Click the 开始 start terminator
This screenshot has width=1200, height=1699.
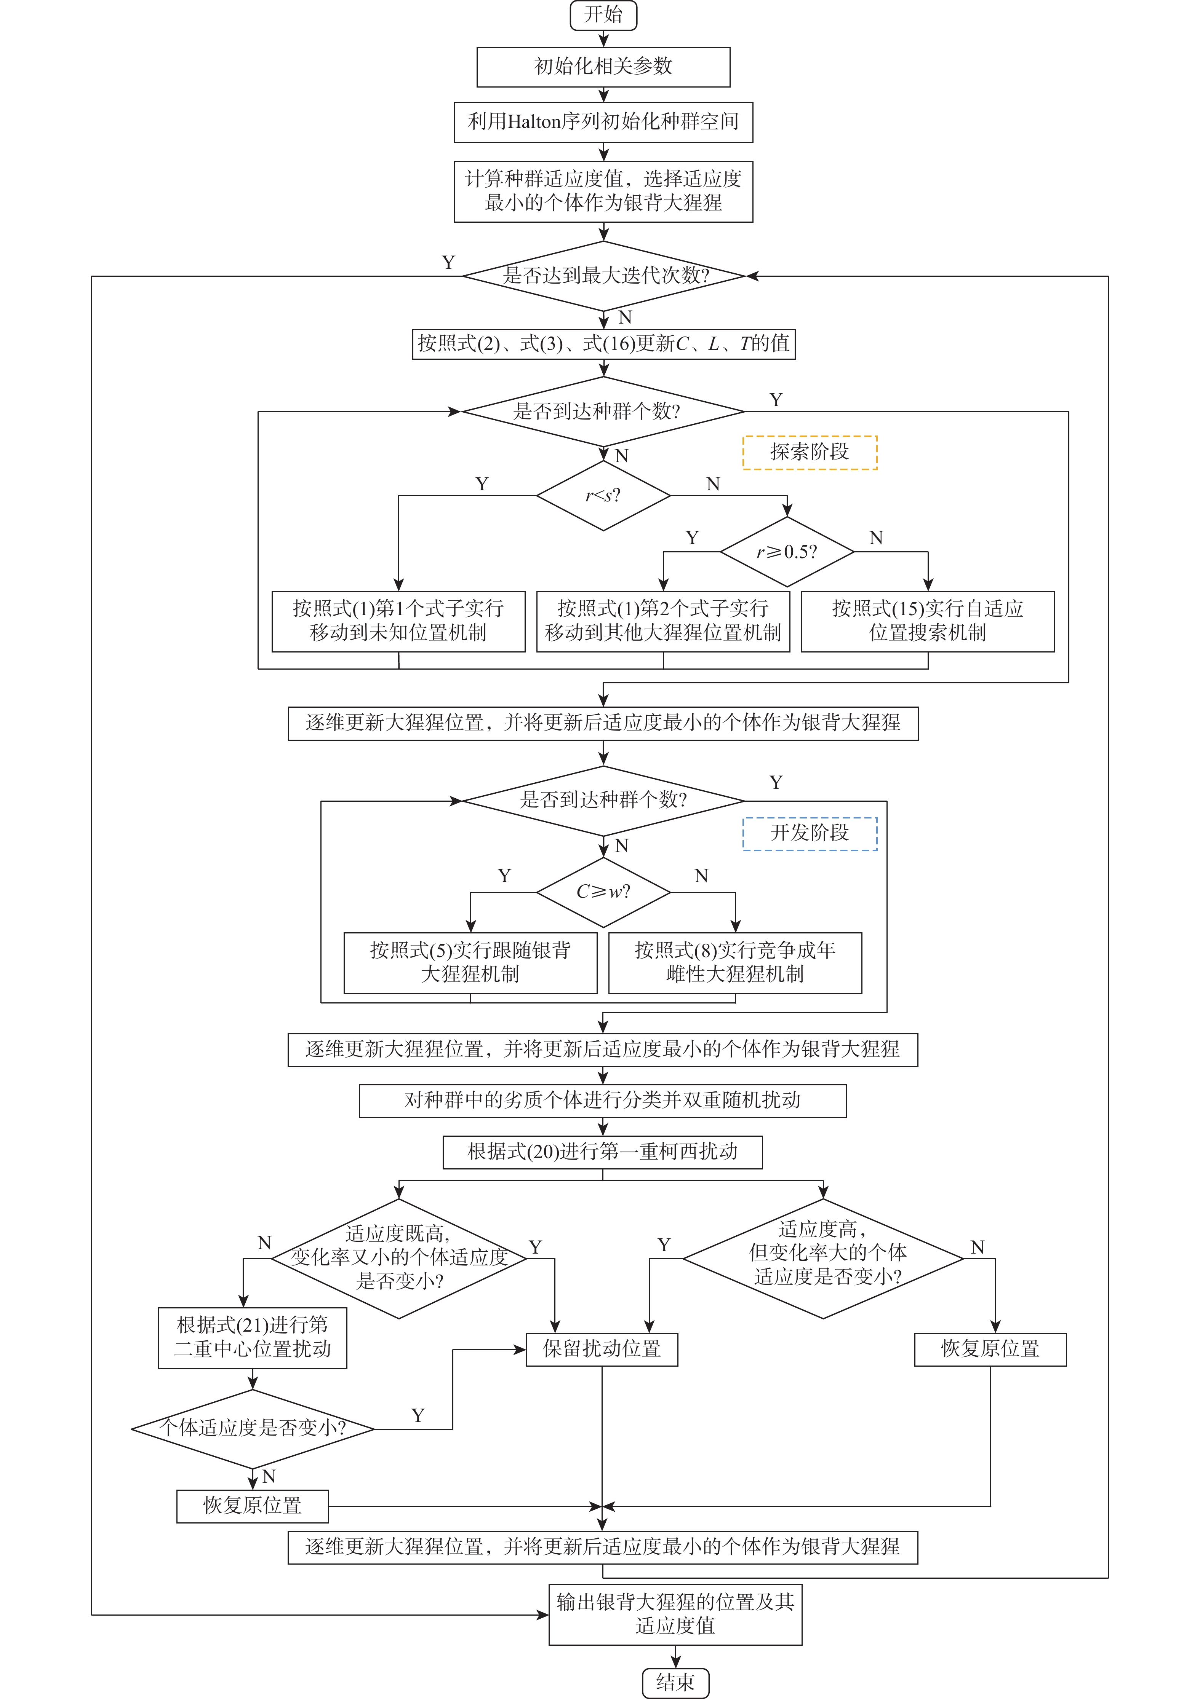coord(603,15)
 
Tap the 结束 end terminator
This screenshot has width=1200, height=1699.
coord(675,1682)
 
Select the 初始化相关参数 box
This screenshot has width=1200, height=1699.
coord(603,67)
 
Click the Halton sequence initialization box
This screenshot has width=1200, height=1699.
coord(603,122)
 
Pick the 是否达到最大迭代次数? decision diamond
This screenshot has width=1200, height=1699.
coord(603,276)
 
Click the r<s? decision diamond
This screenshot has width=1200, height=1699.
coord(603,495)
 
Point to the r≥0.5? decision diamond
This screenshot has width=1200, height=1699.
coord(787,552)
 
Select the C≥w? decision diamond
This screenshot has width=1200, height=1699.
coord(603,892)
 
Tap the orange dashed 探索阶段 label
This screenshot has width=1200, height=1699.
coord(810,452)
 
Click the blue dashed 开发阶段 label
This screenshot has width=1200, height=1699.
coord(810,833)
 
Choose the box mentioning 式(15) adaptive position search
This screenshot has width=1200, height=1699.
coord(928,621)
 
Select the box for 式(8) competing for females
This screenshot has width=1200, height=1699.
coord(735,962)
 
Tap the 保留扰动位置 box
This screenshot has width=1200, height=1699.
coord(602,1349)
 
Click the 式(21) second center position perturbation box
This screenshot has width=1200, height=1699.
coord(253,1337)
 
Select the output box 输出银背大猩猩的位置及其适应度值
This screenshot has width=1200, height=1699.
coord(675,1614)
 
